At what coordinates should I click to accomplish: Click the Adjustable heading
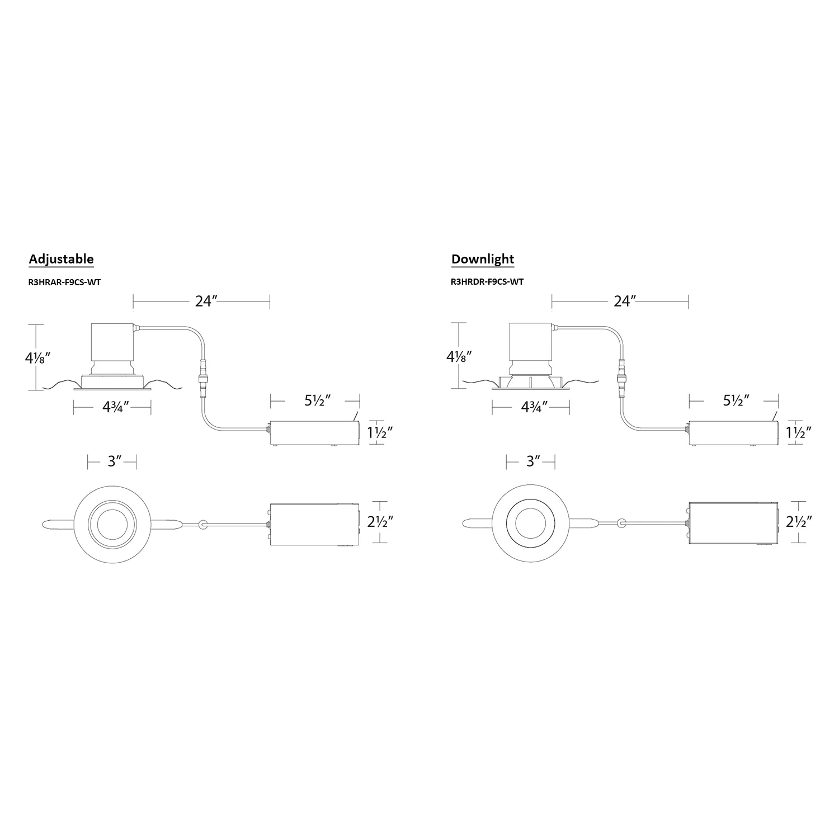61,260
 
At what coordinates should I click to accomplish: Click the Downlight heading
483,260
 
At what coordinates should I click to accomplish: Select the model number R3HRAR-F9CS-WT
64,282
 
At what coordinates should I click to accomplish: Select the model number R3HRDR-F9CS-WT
487,282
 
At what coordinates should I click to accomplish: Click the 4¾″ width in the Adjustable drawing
116,407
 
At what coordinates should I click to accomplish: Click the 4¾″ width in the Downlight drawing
534,407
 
